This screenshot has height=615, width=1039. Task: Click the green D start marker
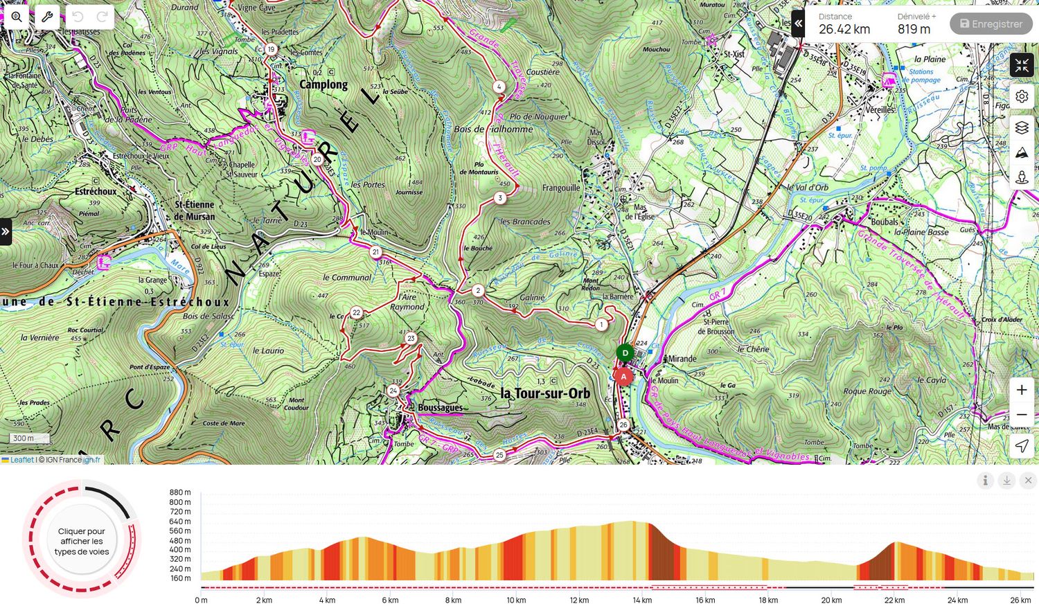(625, 353)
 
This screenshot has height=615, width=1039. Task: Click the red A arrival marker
(623, 377)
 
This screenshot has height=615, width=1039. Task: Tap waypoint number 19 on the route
(271, 49)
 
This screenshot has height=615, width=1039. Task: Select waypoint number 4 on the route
(499, 87)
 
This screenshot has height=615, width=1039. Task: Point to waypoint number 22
(356, 312)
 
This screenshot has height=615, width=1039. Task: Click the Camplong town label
(323, 84)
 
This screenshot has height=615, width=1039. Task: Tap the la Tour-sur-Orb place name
(545, 393)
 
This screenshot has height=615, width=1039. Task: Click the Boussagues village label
(440, 407)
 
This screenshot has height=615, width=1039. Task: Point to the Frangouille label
(561, 188)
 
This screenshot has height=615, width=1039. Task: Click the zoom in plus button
(1022, 390)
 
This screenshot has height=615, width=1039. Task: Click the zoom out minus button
(1022, 415)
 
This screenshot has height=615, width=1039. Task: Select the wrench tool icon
(47, 17)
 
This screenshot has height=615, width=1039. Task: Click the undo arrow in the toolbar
(78, 17)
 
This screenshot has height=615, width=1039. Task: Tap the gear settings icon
(1022, 96)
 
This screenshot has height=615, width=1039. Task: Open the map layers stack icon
(1022, 128)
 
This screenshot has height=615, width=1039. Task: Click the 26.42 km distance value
(844, 29)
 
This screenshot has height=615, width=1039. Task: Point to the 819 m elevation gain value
(914, 29)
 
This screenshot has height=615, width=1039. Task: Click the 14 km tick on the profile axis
(642, 600)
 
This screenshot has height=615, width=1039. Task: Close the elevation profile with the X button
(1028, 480)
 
